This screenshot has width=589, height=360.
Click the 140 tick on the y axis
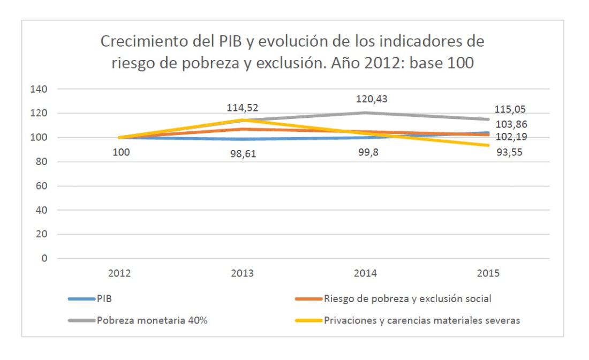pos(41,89)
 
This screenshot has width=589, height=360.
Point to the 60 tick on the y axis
pos(43,186)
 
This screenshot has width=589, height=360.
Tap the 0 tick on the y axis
pos(45,259)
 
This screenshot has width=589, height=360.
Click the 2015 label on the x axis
pos(488,273)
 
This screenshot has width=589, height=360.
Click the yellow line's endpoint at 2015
pos(488,146)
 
